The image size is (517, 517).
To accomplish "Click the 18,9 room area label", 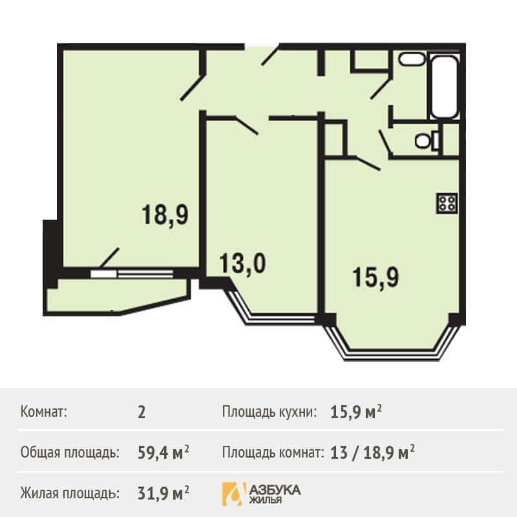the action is (x=165, y=215).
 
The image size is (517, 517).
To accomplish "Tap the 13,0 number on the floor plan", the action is (x=242, y=263).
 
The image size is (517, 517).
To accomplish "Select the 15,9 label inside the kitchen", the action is (x=375, y=278).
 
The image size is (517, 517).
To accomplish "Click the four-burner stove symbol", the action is (x=447, y=203).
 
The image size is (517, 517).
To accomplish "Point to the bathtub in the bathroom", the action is (x=444, y=87).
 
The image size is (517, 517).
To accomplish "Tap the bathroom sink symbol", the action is (x=411, y=59).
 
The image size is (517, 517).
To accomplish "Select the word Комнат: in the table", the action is (x=44, y=412).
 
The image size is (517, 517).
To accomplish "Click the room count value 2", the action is (x=142, y=412).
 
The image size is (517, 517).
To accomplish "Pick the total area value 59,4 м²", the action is (x=164, y=453).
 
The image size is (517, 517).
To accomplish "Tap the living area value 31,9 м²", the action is (x=164, y=494).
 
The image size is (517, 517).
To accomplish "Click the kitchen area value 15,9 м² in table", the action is (x=356, y=412).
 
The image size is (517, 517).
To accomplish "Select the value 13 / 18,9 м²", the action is (x=372, y=453).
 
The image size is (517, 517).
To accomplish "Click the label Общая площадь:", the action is (x=70, y=453).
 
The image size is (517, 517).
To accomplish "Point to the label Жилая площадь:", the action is (x=70, y=494).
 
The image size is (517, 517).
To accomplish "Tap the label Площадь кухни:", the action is (x=269, y=412).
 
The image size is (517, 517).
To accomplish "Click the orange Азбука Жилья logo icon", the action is (x=234, y=494).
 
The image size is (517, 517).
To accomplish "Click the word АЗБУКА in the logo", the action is (x=275, y=490).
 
